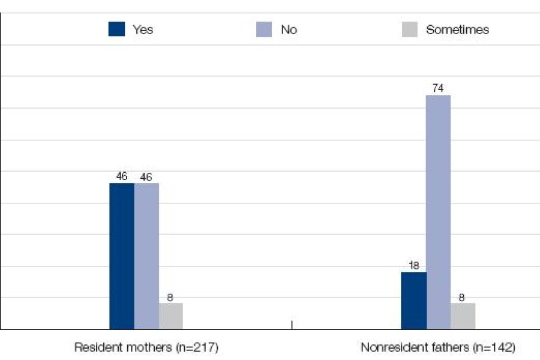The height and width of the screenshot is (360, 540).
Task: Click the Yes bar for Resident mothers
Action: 122,256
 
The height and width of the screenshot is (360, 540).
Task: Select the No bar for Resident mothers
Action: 146,256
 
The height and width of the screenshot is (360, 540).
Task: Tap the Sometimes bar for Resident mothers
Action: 171,316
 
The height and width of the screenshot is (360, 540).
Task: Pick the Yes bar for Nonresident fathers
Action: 414,301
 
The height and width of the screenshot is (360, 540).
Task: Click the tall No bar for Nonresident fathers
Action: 439,212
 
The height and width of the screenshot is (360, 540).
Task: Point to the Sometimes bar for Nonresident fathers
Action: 463,316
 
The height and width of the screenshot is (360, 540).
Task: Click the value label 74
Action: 439,88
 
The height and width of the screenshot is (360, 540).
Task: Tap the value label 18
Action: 414,265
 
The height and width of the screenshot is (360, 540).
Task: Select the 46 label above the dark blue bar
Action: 122,176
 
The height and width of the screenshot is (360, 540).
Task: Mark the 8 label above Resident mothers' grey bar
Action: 171,296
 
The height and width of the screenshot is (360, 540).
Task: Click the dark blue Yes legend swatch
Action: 116,29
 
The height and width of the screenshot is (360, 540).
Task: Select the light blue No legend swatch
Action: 264,29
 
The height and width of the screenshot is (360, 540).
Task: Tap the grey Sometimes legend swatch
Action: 409,29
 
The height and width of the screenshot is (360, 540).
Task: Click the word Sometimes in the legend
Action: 457,29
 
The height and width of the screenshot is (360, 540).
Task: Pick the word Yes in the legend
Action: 143,29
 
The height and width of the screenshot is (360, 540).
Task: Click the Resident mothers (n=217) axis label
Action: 146,347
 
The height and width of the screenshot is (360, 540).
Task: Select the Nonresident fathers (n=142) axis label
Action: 438,347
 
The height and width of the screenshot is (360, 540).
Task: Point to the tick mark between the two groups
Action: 292,325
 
